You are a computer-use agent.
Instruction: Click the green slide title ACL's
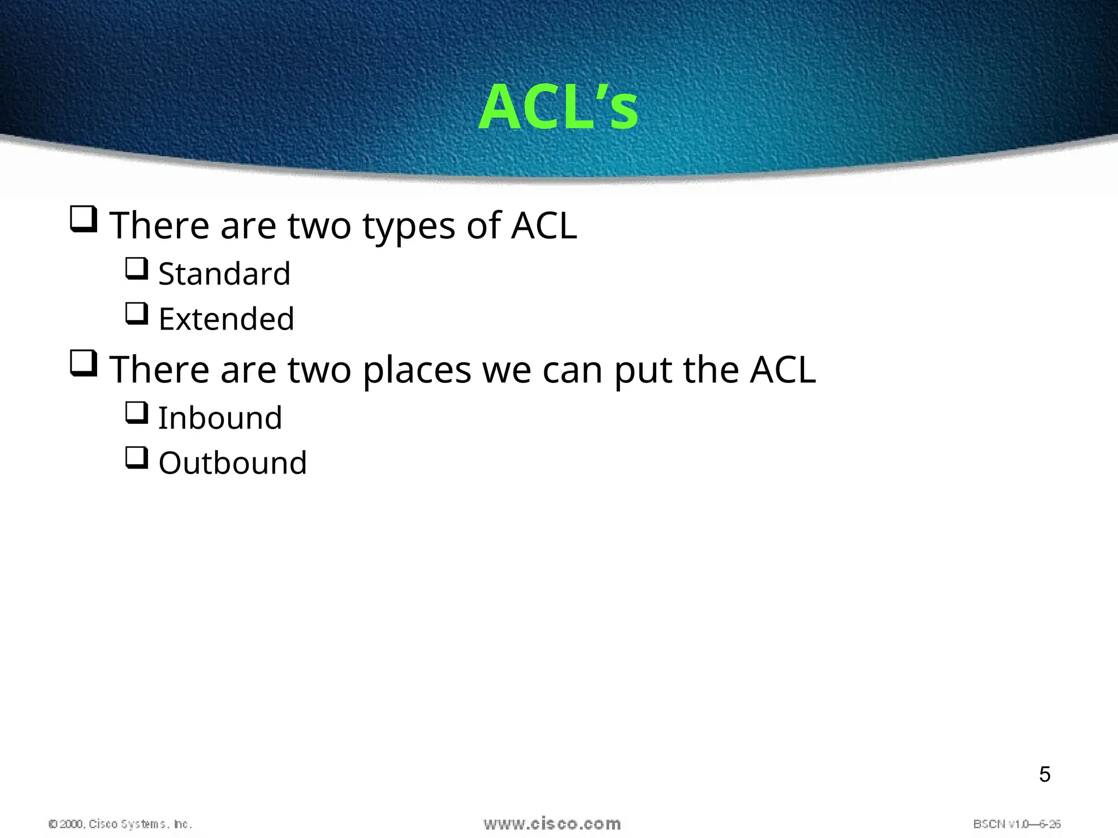[x=558, y=107]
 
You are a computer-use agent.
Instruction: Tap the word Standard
[x=224, y=274]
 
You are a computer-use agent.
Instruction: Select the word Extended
[x=226, y=319]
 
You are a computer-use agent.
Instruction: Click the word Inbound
[x=220, y=418]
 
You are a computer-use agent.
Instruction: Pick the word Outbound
[x=233, y=464]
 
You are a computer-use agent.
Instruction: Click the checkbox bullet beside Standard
[x=136, y=269]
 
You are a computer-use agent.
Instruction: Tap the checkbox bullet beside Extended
[x=136, y=314]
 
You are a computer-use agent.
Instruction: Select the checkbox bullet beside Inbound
[x=136, y=413]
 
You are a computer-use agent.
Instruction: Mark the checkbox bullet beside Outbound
[x=136, y=458]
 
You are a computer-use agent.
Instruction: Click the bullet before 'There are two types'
[x=84, y=219]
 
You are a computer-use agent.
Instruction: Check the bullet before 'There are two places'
[x=84, y=364]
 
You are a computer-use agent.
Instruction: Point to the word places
[x=417, y=370]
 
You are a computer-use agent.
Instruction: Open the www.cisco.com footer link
[x=552, y=824]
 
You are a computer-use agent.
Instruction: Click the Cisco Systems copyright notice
[x=120, y=824]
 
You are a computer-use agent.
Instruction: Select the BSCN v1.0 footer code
[x=1016, y=824]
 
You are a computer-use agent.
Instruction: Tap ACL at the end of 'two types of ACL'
[x=544, y=225]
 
